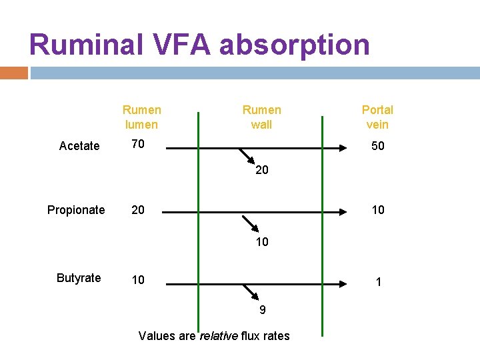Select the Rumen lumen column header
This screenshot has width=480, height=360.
(x=141, y=117)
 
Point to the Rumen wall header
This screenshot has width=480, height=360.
(x=261, y=117)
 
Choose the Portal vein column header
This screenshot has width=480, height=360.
(x=377, y=117)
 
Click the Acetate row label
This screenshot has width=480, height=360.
(x=79, y=146)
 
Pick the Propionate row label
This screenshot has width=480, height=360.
(x=76, y=210)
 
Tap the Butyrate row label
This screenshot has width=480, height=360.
(x=79, y=278)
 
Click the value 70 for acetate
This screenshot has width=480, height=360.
(x=138, y=143)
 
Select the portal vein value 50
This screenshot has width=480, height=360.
(x=377, y=146)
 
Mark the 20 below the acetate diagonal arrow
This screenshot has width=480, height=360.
(x=262, y=170)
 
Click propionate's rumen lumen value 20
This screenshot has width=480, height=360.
(x=138, y=210)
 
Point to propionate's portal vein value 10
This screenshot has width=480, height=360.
(x=377, y=210)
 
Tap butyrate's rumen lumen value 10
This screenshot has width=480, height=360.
(x=138, y=279)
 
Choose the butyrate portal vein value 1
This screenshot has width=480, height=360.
(x=379, y=282)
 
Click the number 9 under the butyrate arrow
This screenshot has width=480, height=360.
(x=262, y=310)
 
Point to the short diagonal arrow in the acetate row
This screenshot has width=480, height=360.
(x=247, y=156)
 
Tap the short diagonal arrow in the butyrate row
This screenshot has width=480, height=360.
(x=251, y=292)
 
